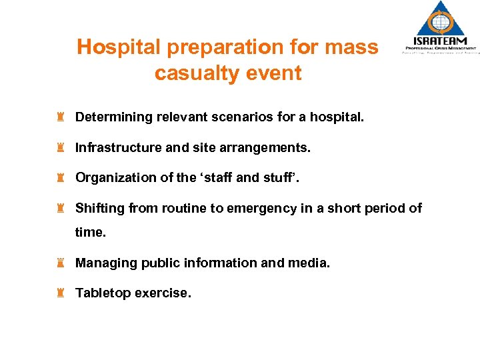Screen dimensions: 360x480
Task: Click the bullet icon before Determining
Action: pyautogui.click(x=61, y=117)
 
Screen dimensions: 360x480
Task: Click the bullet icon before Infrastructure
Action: pyautogui.click(x=61, y=147)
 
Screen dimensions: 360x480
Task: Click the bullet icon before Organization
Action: pyautogui.click(x=61, y=177)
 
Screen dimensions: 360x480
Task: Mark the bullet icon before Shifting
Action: pyautogui.click(x=61, y=208)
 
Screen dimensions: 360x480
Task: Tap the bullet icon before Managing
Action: pyautogui.click(x=61, y=263)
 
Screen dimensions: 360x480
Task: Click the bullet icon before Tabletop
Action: pyautogui.click(x=61, y=293)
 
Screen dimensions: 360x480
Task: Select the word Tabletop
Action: pyautogui.click(x=103, y=293)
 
